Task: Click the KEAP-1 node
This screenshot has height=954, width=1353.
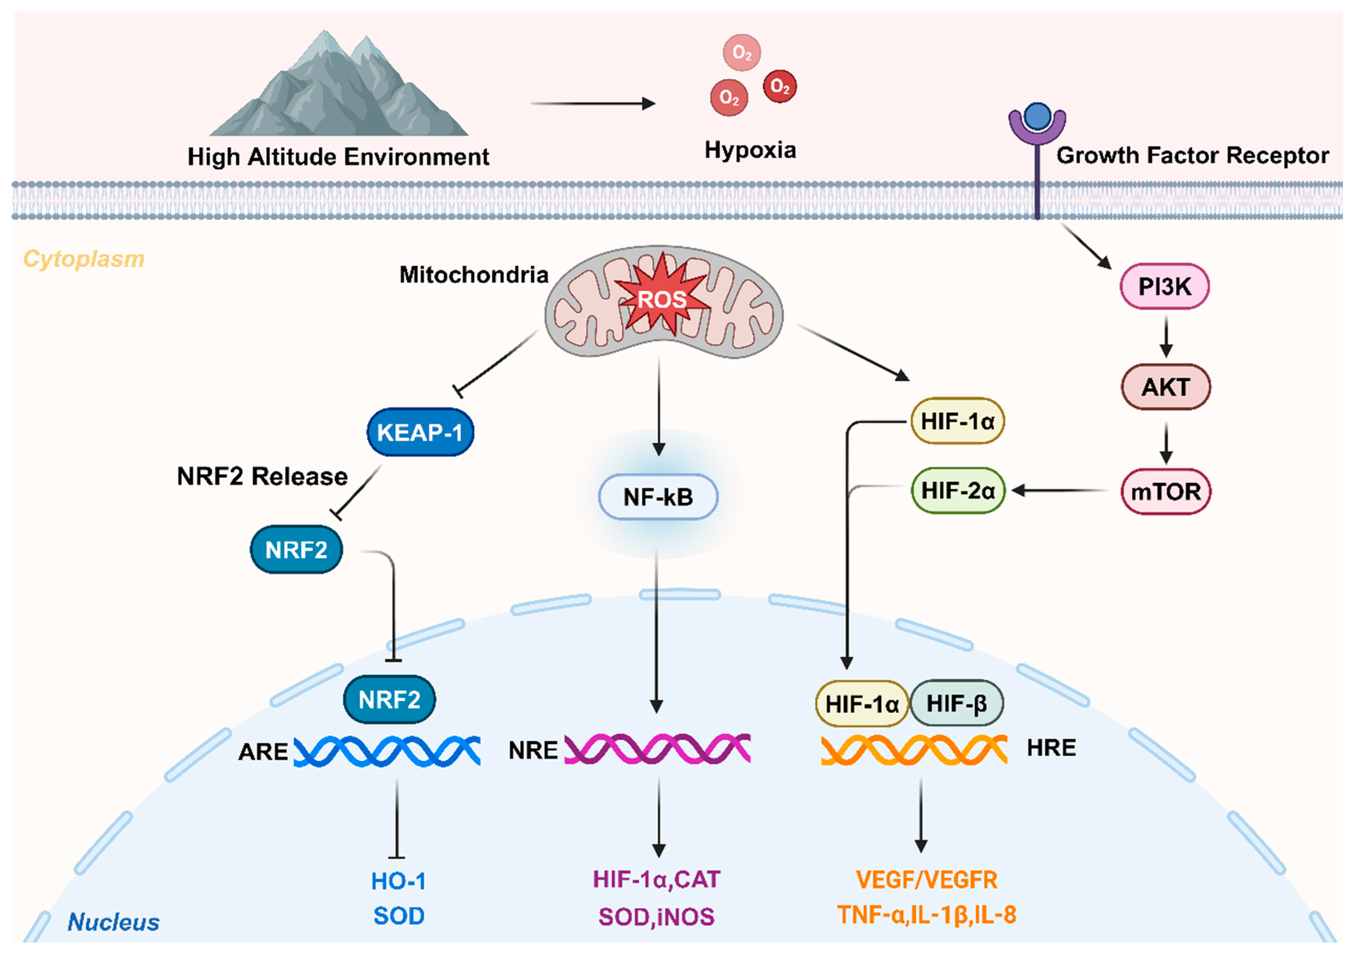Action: (x=420, y=432)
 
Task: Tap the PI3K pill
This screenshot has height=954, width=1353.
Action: (x=1164, y=286)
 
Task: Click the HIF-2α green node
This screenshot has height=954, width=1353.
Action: (x=958, y=490)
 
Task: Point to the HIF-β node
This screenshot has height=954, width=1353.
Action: (x=956, y=703)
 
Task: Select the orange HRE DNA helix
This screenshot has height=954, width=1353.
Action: (x=913, y=750)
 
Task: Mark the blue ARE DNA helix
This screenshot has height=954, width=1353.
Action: (x=387, y=751)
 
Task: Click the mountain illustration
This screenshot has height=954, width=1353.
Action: (x=339, y=88)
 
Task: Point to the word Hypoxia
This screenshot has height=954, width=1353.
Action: (x=750, y=150)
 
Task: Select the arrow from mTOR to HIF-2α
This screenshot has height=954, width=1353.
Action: (x=1061, y=490)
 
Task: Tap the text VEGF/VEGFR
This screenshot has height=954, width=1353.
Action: (x=926, y=880)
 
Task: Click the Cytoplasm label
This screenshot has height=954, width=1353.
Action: (x=84, y=259)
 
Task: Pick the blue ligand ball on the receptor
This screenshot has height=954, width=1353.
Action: (x=1037, y=117)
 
